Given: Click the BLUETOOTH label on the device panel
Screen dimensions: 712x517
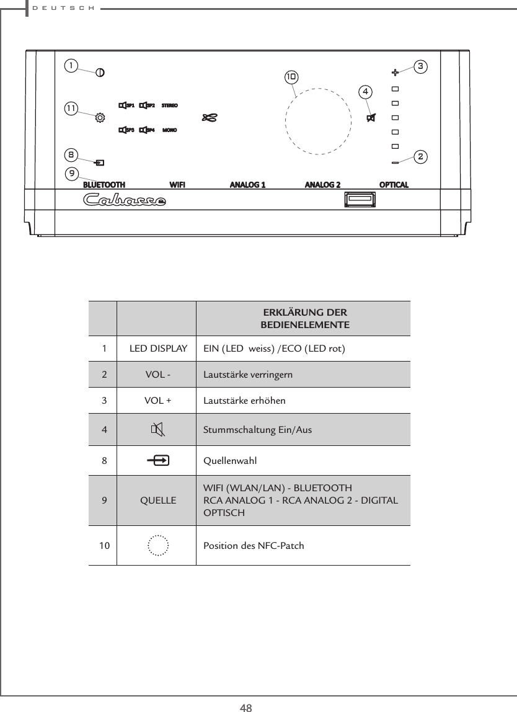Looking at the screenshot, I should pyautogui.click(x=104, y=184).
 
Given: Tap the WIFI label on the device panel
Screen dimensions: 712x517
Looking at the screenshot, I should pyautogui.click(x=177, y=184).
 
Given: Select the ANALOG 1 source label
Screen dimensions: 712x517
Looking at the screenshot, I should pyautogui.click(x=247, y=184).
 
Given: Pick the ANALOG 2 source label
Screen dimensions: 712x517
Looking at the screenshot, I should pyautogui.click(x=322, y=184).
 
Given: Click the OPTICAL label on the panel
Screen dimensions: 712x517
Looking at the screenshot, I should pyautogui.click(x=394, y=184).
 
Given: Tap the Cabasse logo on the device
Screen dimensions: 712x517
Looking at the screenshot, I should pyautogui.click(x=125, y=200).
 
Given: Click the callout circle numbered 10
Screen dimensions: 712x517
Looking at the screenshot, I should pyautogui.click(x=291, y=78).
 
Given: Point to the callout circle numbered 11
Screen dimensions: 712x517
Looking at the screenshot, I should pyautogui.click(x=72, y=108).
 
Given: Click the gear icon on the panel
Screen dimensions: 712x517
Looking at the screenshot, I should pyautogui.click(x=99, y=116).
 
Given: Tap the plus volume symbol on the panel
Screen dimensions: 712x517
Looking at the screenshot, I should pyautogui.click(x=395, y=72).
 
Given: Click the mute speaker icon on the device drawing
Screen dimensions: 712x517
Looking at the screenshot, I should pyautogui.click(x=371, y=118).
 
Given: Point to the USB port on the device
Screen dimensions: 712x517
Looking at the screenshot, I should pyautogui.click(x=359, y=200).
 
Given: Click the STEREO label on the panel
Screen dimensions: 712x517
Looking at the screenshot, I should pyautogui.click(x=170, y=105).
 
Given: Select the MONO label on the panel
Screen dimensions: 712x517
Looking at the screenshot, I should pyautogui.click(x=170, y=130).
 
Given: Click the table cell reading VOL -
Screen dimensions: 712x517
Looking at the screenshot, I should pyautogui.click(x=158, y=375).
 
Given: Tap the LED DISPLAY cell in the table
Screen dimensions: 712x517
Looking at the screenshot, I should pyautogui.click(x=158, y=349).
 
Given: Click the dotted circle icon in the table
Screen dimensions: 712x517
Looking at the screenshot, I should pyautogui.click(x=159, y=546).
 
